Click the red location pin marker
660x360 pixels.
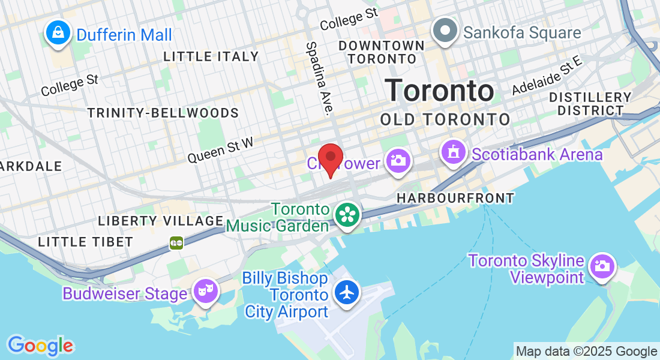click(330, 158)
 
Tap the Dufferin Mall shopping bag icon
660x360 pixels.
click(58, 33)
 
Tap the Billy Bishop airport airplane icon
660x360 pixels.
click(347, 293)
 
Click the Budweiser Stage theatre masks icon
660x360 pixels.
click(205, 293)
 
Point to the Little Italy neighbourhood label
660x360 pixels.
click(211, 57)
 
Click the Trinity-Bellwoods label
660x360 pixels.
click(163, 113)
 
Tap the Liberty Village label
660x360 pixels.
click(160, 221)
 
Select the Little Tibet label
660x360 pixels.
click(85, 242)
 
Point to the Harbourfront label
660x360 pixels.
click(455, 198)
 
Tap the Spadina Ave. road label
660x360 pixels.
click(319, 77)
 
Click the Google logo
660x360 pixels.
click(40, 346)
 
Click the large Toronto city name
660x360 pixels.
click(440, 90)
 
